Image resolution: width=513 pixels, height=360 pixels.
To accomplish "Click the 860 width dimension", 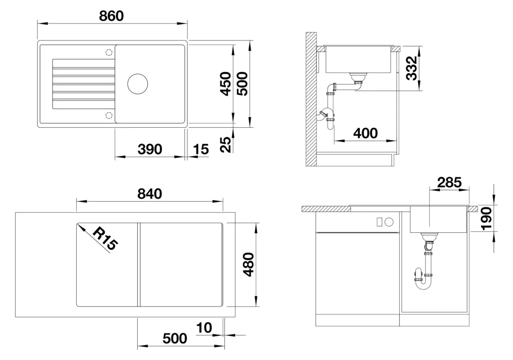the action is [111, 16].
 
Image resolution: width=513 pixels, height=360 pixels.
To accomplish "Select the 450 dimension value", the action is [225, 84].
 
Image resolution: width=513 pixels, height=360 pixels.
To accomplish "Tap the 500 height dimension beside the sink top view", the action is [242, 84].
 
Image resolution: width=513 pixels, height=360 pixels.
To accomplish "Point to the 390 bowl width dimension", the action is [150, 149].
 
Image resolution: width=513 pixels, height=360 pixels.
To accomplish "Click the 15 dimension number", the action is [200, 149].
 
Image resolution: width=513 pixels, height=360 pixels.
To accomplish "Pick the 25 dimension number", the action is [225, 144].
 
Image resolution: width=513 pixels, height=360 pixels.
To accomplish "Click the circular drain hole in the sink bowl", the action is [137, 84].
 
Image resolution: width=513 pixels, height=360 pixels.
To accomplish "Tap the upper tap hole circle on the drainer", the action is [109, 52].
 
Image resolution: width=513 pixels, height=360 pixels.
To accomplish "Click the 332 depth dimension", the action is [412, 68].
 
